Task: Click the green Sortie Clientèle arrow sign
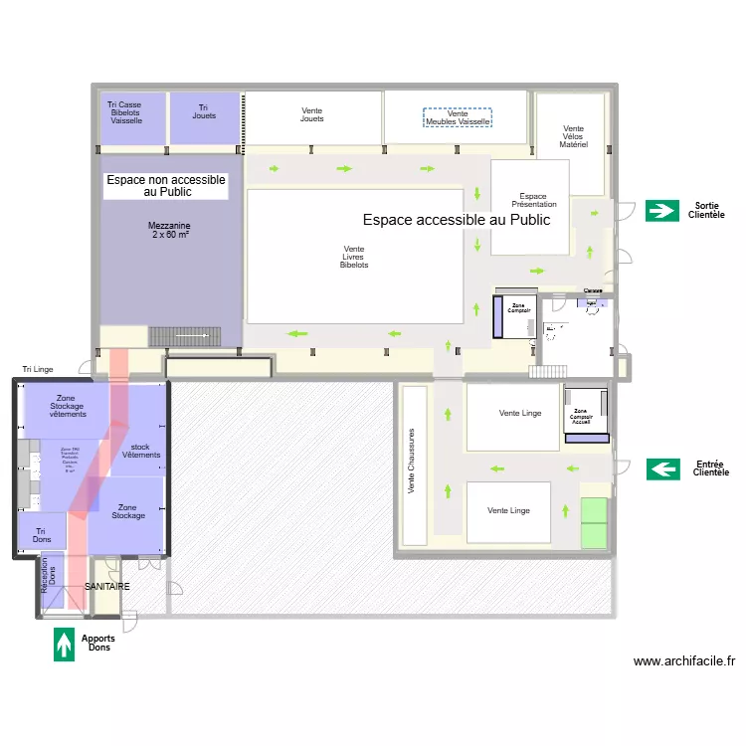(660, 210)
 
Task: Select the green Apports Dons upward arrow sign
(65, 644)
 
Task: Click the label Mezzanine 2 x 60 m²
(171, 231)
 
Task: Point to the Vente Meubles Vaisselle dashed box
(458, 118)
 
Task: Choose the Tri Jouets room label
(204, 111)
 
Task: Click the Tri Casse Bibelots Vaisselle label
(126, 112)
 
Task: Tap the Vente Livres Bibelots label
(353, 258)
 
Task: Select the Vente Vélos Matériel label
(573, 136)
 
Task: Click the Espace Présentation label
(533, 200)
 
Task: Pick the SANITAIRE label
(106, 587)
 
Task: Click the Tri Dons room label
(42, 534)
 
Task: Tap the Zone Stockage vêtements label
(66, 406)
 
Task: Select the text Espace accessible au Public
(456, 220)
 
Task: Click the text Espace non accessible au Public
(166, 185)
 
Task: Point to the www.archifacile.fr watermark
(683, 660)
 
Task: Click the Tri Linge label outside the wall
(38, 369)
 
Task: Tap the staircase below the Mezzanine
(185, 337)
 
